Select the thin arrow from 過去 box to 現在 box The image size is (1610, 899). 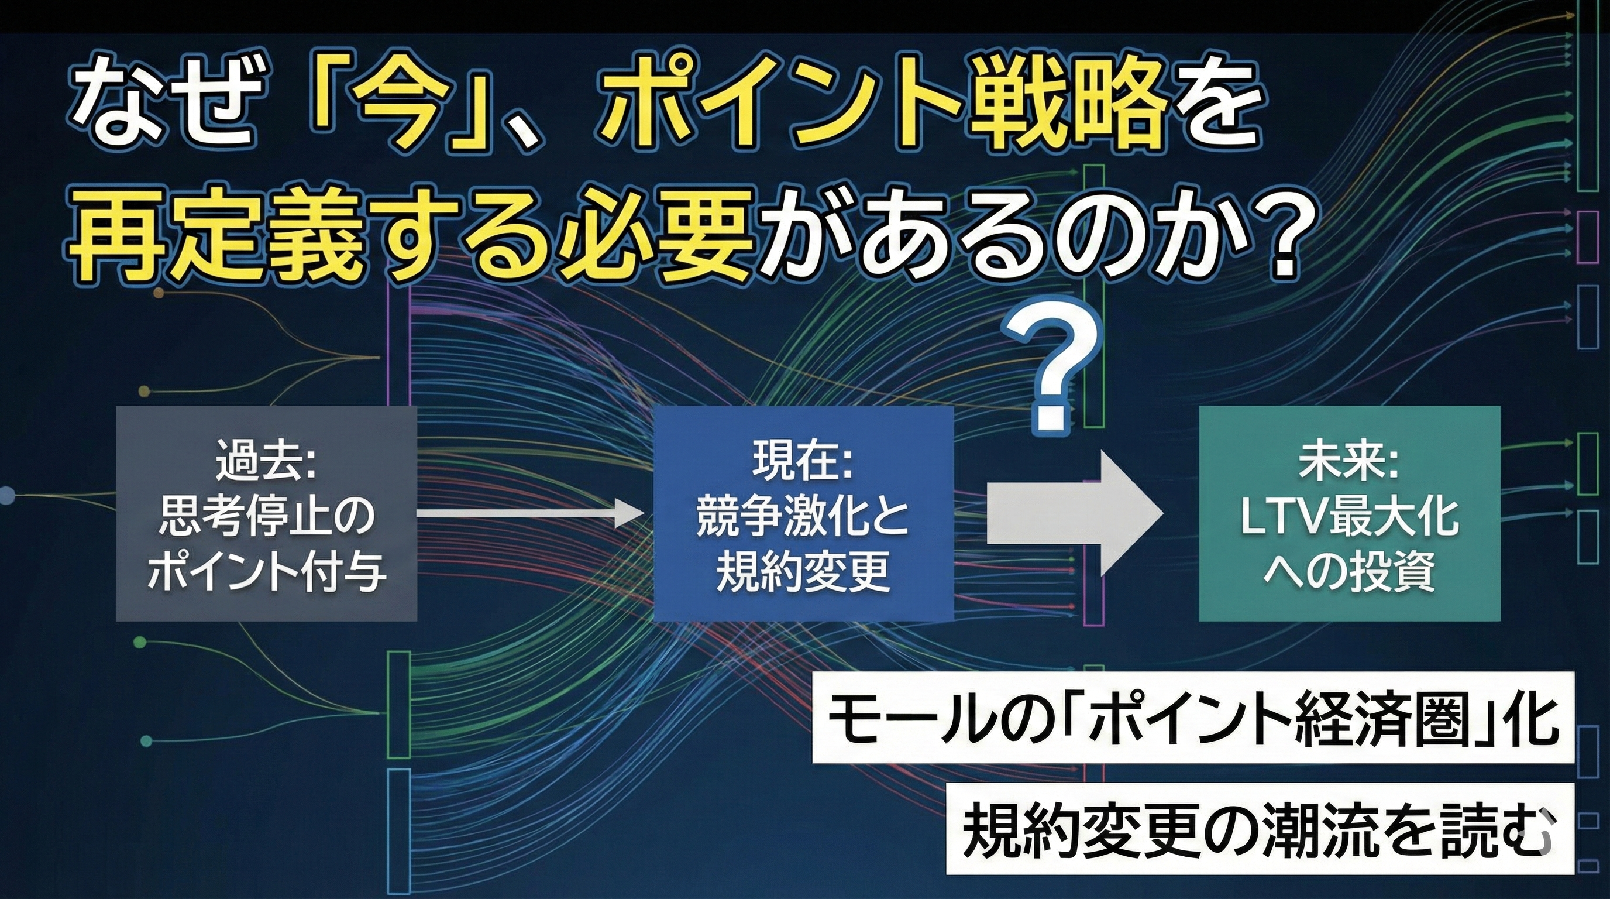tap(530, 514)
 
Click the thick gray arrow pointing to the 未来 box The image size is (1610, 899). tap(1074, 514)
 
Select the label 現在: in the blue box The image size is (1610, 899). tap(803, 461)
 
